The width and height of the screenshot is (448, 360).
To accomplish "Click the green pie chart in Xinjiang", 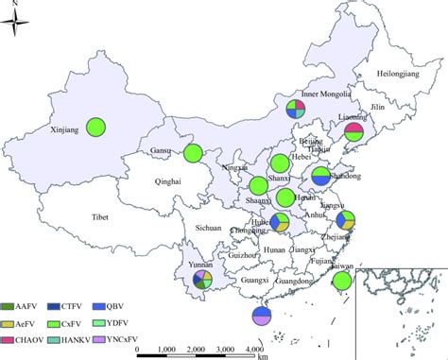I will coord(96,126).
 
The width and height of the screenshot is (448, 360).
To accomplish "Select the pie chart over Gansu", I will coord(193,153).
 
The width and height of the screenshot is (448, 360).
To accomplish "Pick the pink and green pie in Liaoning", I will coord(353,132).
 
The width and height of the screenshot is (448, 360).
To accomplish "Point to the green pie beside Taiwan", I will coord(343,281).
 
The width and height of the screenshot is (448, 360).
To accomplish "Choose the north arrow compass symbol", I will coord(22,21).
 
